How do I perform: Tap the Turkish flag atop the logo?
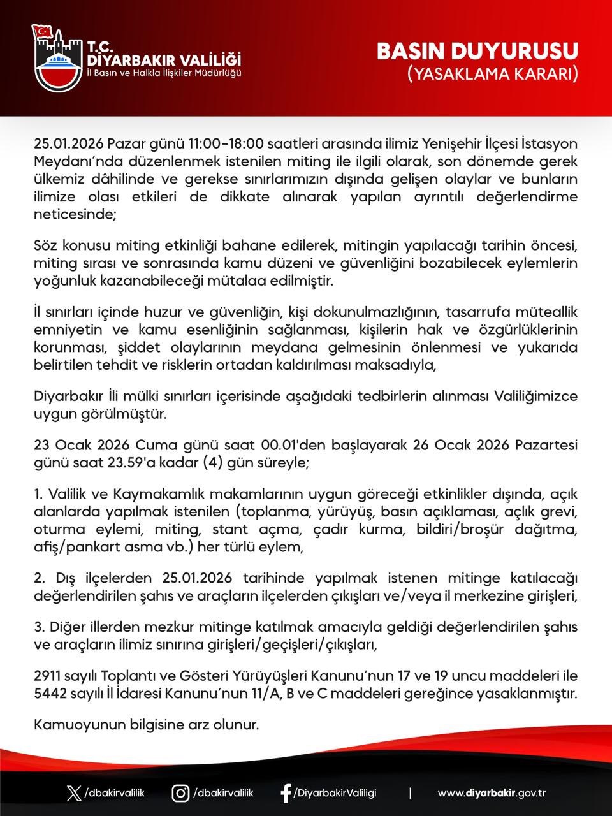point(43,31)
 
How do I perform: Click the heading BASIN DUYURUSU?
point(477,52)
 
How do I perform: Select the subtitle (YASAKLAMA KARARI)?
point(492,74)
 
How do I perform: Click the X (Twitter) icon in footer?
point(74,794)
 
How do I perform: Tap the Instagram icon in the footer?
point(180,794)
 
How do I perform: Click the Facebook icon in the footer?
point(286,794)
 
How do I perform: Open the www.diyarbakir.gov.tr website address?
point(492,794)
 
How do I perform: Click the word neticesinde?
point(75,215)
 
